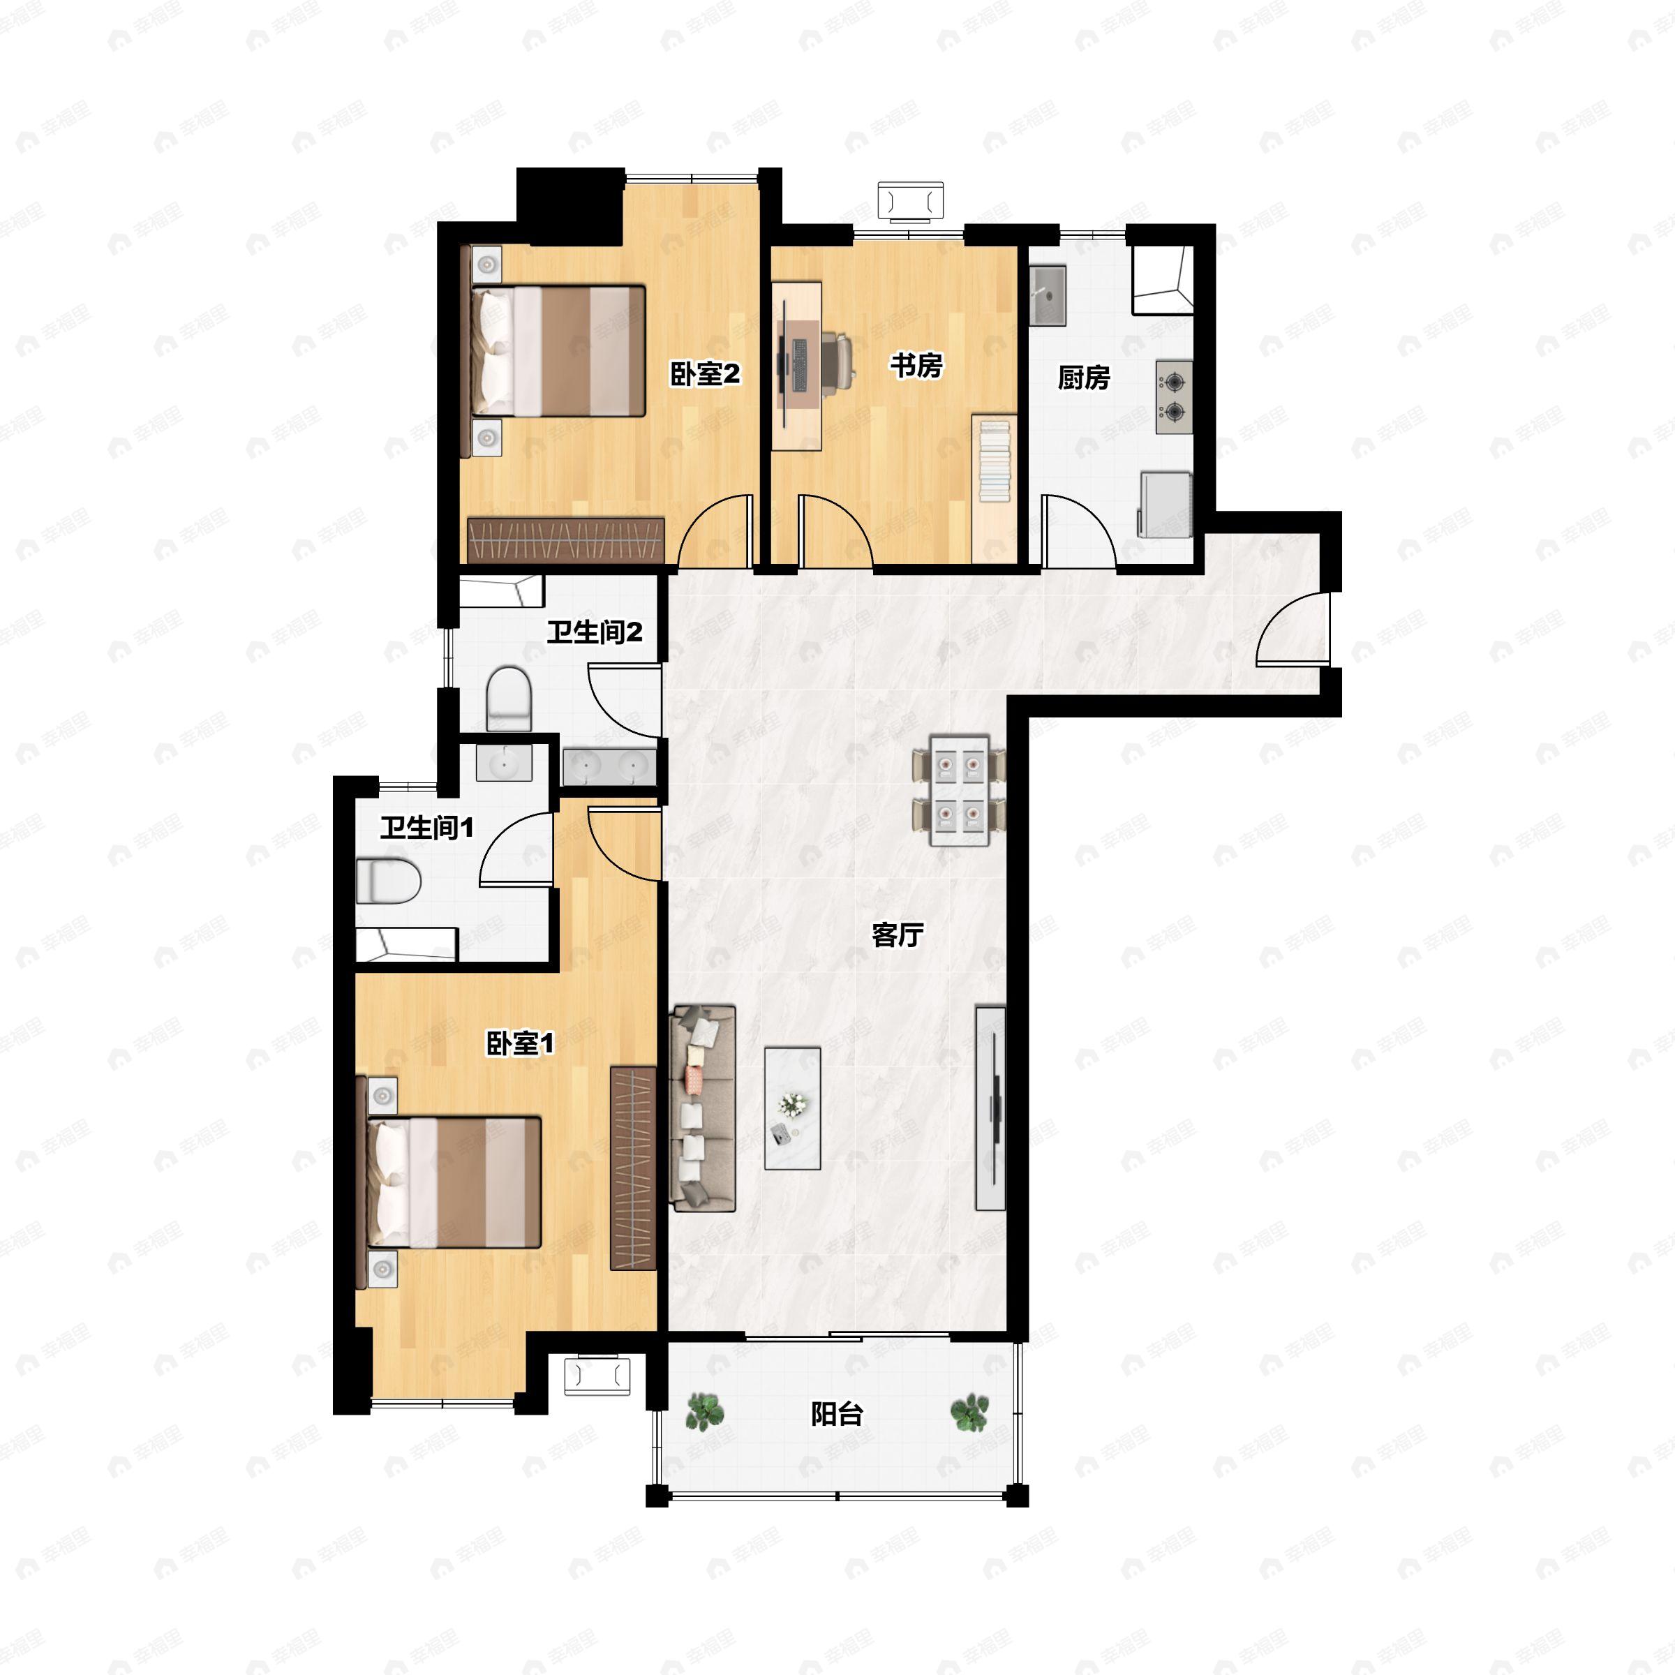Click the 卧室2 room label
click(705, 375)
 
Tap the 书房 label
click(916, 366)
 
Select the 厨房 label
click(1084, 378)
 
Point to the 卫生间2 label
click(595, 632)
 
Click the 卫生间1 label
click(427, 828)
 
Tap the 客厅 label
click(898, 935)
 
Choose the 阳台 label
click(837, 1414)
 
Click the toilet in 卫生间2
click(509, 699)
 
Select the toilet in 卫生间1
click(389, 881)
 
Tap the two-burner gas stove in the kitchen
click(1174, 397)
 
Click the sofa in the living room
click(703, 1108)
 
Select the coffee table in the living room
click(792, 1108)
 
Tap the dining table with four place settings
click(959, 790)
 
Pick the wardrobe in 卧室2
click(566, 539)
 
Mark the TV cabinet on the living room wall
click(991, 1108)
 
